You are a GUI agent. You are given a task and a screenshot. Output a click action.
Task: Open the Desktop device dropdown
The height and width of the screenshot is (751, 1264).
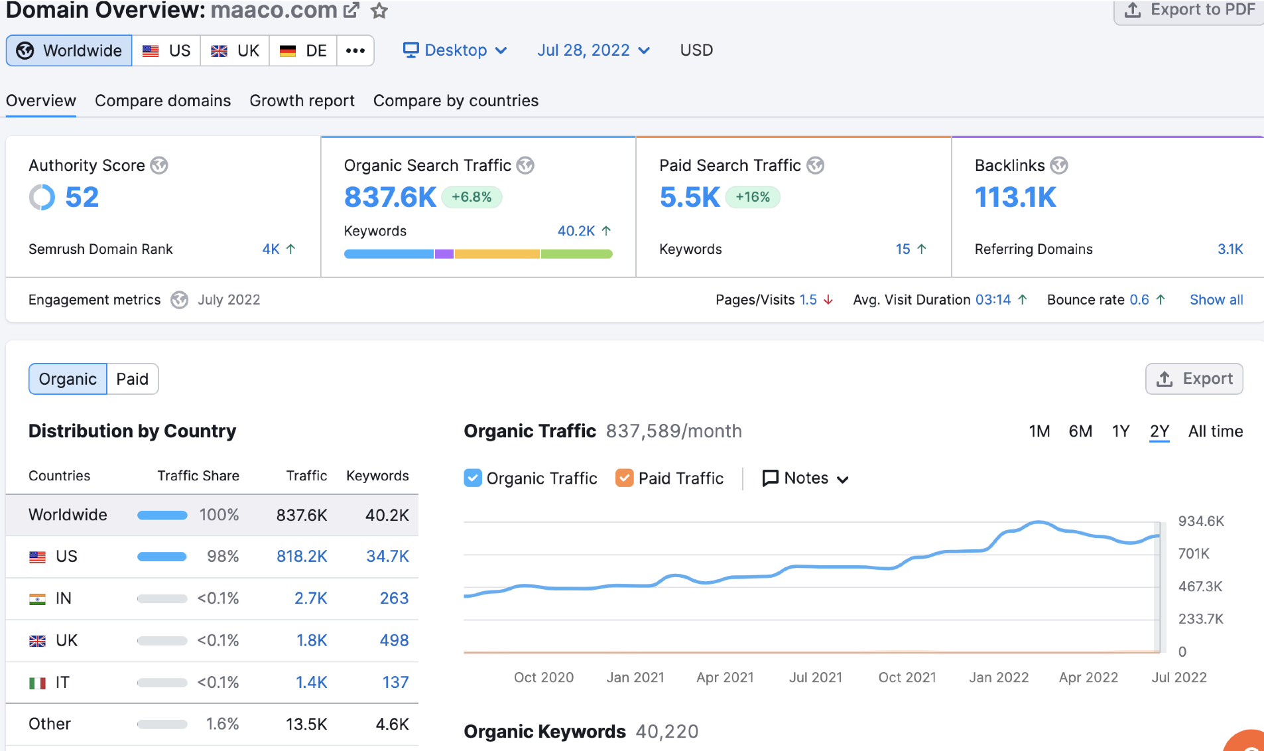point(455,50)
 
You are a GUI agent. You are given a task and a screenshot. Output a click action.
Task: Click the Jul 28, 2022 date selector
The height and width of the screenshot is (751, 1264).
point(593,50)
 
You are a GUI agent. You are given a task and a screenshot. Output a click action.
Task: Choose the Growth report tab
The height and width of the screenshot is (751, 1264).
point(302,101)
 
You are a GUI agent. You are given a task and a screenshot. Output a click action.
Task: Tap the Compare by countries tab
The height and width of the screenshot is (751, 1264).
point(456,101)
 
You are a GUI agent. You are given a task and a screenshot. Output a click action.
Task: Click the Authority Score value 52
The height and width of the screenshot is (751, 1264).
point(82,197)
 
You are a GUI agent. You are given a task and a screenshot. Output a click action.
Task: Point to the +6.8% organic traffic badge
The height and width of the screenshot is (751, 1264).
point(472,197)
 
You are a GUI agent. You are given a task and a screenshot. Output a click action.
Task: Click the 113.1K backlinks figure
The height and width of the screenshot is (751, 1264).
point(1015,197)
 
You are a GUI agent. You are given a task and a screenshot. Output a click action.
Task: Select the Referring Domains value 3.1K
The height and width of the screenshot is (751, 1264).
point(1230,249)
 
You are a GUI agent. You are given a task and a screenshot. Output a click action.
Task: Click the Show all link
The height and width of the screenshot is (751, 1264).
point(1216,300)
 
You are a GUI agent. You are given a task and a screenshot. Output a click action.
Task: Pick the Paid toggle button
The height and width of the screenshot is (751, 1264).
point(132,379)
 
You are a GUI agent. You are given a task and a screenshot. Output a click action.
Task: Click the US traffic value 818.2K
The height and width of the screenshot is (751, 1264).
point(302,557)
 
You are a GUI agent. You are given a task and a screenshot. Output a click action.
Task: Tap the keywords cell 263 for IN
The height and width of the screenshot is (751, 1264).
point(394,598)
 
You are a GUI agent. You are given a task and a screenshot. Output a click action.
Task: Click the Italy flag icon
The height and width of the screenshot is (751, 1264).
point(37,683)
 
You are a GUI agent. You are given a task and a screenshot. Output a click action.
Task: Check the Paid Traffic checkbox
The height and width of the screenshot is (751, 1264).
point(624,478)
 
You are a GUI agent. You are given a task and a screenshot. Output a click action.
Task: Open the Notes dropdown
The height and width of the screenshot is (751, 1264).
point(805,478)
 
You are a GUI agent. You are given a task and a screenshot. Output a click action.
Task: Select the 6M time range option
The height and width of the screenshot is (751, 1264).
point(1080,432)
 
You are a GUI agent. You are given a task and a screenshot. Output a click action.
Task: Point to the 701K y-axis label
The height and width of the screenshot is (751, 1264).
point(1193,554)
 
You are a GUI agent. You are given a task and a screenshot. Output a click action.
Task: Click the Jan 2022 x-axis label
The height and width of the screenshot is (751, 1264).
point(998,677)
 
